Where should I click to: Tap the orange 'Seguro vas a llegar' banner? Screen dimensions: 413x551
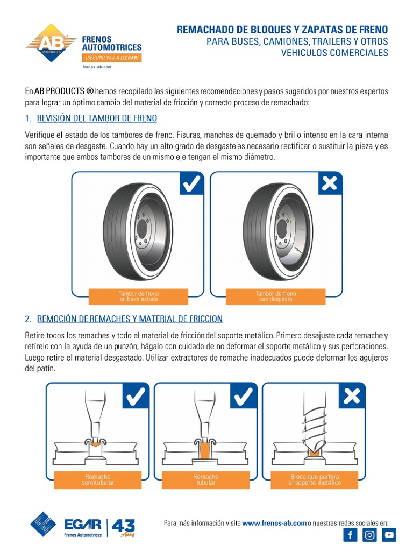pos(111,58)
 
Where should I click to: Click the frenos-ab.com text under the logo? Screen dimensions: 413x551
pos(96,67)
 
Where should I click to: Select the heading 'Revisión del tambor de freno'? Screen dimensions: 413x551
pos(97,118)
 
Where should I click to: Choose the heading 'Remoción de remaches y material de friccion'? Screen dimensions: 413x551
pos(130,319)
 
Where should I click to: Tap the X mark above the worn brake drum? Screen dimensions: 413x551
pos(329,185)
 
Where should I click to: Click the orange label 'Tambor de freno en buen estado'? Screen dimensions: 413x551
pos(138,296)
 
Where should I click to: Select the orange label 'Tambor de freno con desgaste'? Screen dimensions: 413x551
pos(275,296)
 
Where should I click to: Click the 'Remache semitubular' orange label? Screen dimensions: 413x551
pos(98,479)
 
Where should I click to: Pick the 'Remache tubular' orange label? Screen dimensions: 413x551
pos(206,479)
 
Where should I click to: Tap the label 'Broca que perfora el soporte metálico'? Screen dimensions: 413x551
pos(314,479)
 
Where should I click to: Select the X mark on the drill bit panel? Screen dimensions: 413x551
pos(352,397)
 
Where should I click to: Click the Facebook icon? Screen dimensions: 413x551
pos(350,535)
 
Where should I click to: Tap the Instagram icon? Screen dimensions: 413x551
pos(369,535)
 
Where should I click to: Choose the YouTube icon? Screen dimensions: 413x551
pos(389,535)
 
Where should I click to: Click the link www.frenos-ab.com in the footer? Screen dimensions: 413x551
pos(274,522)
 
